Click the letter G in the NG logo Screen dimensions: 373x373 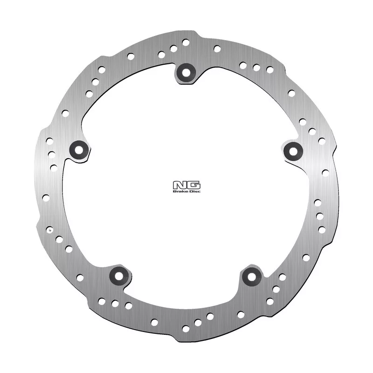point(194,186)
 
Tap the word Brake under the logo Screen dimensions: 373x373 point(178,191)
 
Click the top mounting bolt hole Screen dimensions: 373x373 point(186,73)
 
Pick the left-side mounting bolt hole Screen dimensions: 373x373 point(79,150)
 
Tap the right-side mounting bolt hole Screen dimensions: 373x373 point(293,151)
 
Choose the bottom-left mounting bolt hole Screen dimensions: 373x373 point(119,276)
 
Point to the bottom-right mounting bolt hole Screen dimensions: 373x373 point(252,276)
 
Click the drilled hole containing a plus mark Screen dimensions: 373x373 point(50,230)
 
